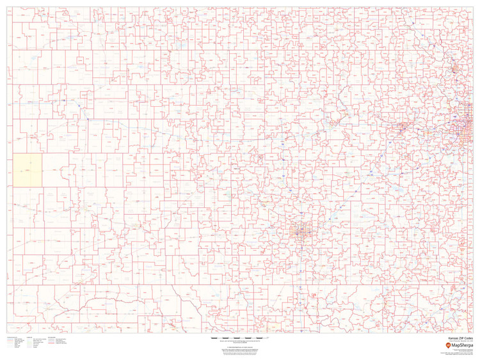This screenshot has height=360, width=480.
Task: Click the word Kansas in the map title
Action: coord(454,338)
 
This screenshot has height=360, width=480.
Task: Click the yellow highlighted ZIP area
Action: coord(28,171)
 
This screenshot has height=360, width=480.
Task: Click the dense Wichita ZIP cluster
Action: coord(299,231)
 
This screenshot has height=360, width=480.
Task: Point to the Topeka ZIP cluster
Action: coord(403,126)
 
